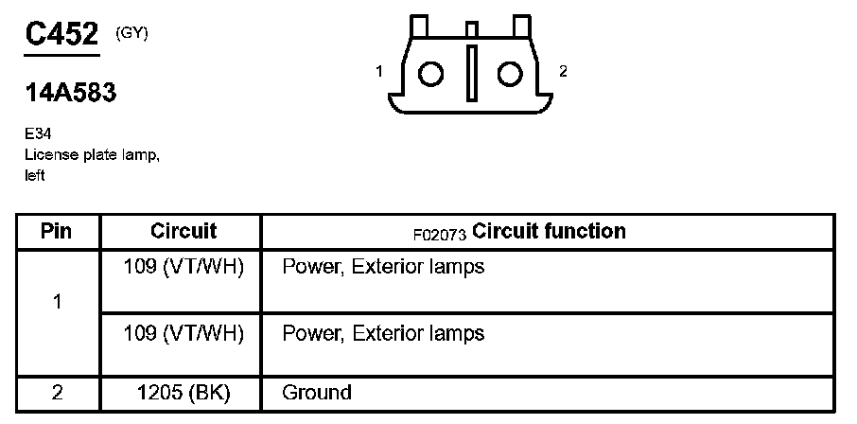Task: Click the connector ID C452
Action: coord(61,36)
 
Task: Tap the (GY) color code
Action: coord(131,32)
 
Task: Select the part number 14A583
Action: coord(71,93)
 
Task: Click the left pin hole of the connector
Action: coord(431,74)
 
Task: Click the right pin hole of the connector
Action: coord(511,74)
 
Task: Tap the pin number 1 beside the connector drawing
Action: coord(379,72)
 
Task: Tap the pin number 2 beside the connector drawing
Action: coord(563,72)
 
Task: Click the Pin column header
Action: coord(58,232)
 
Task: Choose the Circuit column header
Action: coord(184,231)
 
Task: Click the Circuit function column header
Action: coord(548,231)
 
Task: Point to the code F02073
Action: coord(440,233)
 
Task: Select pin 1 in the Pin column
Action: coord(58,303)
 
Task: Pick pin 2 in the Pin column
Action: coord(58,393)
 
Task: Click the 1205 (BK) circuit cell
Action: coord(184,393)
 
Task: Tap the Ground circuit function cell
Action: coord(317,393)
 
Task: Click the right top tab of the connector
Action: coord(521,26)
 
